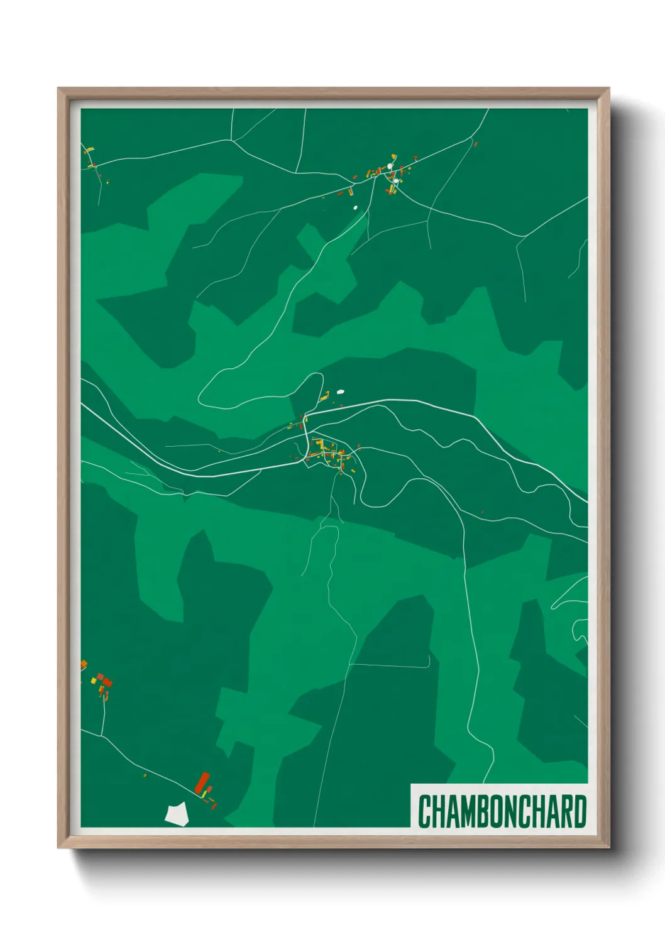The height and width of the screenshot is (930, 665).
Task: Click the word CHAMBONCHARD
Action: (x=502, y=812)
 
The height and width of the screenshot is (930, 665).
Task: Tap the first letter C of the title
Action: (x=424, y=812)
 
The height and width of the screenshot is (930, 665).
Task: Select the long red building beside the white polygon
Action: (x=202, y=782)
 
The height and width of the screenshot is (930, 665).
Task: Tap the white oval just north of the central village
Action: (x=341, y=391)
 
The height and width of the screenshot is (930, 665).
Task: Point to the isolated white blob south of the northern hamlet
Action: (x=355, y=207)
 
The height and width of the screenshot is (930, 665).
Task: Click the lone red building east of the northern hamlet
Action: (x=475, y=144)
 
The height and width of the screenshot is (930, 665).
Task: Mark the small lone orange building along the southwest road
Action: (x=145, y=775)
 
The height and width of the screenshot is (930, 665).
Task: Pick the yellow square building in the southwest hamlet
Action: (x=94, y=680)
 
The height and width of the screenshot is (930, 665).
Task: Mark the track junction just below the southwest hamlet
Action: (x=102, y=735)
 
